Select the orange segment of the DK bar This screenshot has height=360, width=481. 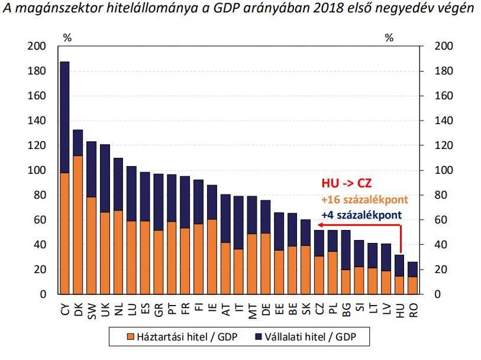pos(78,225)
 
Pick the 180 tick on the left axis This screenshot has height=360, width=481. pos(37,71)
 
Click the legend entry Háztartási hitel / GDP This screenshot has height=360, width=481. pos(171,337)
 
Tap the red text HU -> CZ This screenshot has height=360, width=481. pos(347,184)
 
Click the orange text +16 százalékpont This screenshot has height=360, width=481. pos(357,199)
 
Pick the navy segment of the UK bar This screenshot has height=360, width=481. pos(105,178)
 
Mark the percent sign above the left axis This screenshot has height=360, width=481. pos(67,38)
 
